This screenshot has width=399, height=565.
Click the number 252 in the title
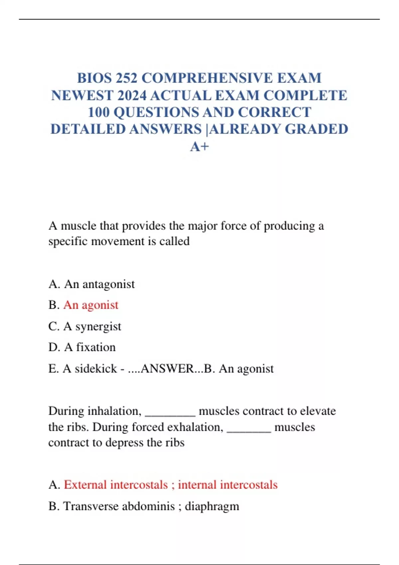(126, 78)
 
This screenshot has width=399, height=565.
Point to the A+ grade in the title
(199, 147)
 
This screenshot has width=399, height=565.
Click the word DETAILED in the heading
(88, 129)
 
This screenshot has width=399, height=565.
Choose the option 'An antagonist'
(99, 284)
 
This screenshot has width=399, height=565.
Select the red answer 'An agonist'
(91, 305)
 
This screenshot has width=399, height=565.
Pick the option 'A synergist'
(92, 326)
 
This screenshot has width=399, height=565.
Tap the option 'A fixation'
(90, 347)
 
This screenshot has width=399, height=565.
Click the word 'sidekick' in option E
(96, 369)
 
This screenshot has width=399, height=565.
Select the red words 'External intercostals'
(116, 485)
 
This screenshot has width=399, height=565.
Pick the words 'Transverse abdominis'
(119, 506)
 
